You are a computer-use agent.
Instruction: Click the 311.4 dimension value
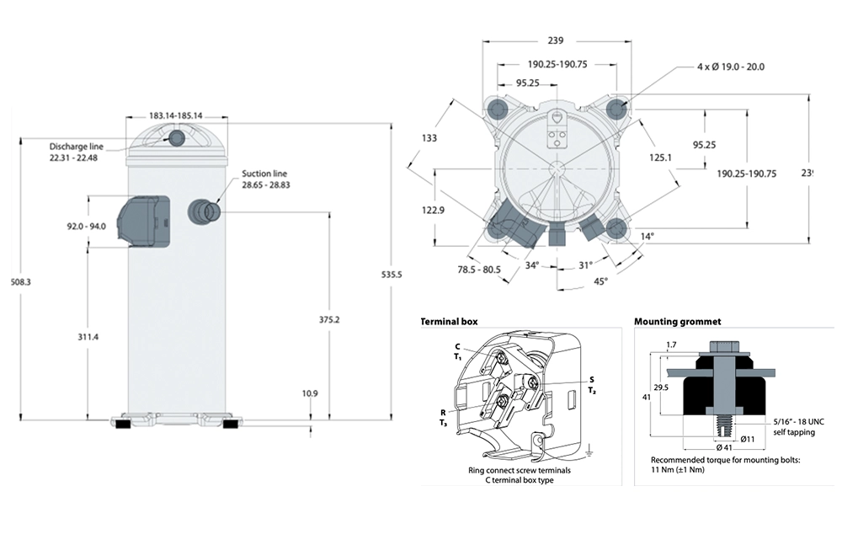point(88,337)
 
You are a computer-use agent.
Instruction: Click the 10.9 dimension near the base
point(309,393)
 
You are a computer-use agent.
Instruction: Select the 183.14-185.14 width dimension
point(177,116)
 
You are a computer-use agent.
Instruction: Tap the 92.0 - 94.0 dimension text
point(88,225)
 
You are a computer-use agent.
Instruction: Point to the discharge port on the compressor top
point(178,138)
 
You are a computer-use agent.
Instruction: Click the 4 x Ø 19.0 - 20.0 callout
point(730,66)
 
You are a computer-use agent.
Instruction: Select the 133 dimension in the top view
point(429,139)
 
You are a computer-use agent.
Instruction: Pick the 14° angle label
point(646,238)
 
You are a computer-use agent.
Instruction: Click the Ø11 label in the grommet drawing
point(746,438)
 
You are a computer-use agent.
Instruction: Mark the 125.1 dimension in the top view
point(659,157)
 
